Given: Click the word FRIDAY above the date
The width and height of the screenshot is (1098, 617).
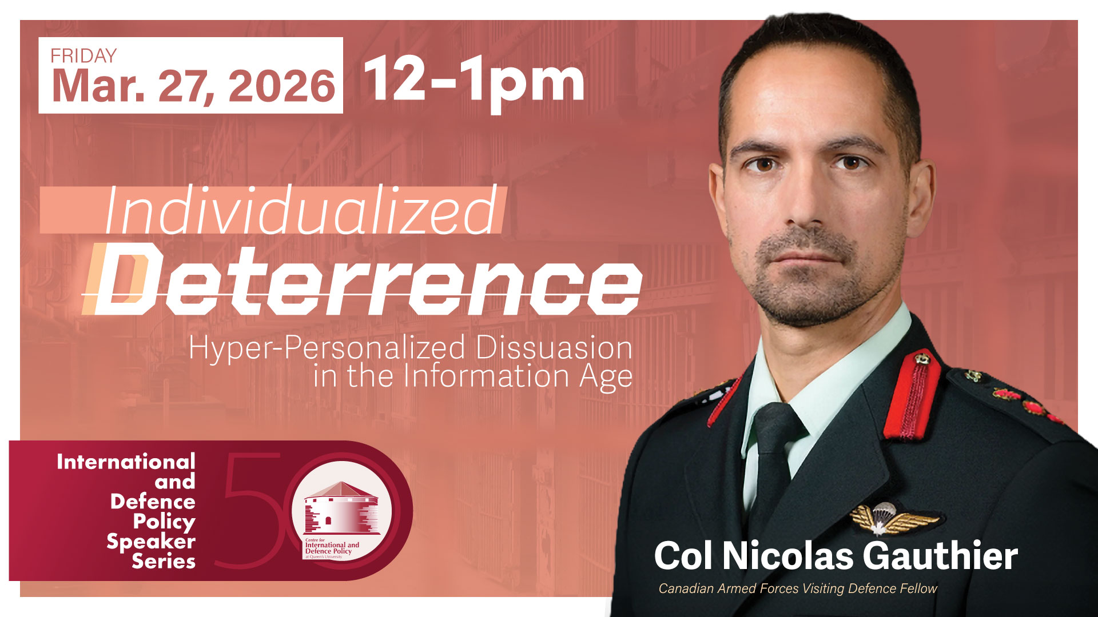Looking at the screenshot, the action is coord(83,56).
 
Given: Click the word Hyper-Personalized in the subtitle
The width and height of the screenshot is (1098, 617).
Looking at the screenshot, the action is coord(327,348).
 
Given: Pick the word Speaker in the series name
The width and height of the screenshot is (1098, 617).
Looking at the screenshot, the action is coord(151,542).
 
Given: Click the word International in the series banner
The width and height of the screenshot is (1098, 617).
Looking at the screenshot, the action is coord(126,462).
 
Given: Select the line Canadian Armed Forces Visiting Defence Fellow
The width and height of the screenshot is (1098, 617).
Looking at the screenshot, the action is coord(798,588).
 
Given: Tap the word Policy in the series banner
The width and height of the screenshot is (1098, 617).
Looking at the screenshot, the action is coord(164,522).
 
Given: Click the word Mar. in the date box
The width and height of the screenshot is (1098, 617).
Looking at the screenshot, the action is coord(98,86).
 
